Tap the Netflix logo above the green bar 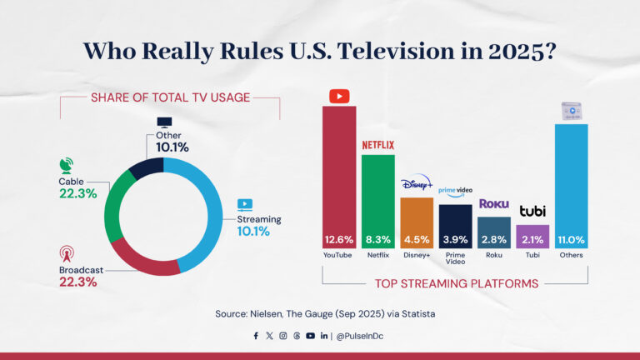[377, 145]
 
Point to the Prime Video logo [456, 192]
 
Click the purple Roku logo [494, 204]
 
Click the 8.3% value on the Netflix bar [377, 240]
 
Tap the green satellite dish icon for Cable [67, 165]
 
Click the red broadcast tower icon [67, 252]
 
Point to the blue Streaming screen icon [245, 204]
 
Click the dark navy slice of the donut [147, 166]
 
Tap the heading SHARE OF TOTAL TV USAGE [169, 98]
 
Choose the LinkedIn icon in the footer [323, 336]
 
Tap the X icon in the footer [269, 336]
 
